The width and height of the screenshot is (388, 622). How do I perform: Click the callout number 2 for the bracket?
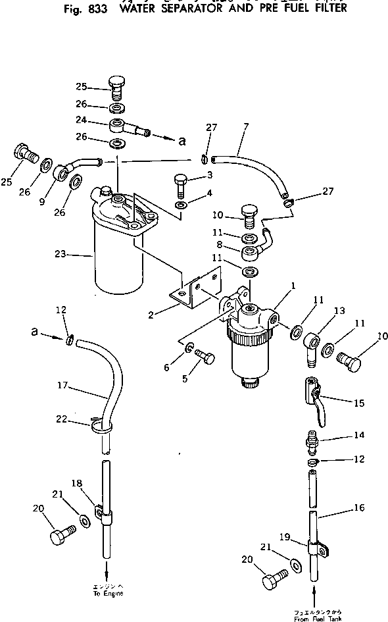pos(151,315)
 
